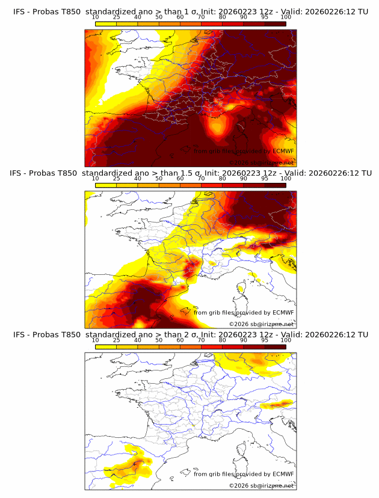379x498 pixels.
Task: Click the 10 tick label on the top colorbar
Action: coord(96,17)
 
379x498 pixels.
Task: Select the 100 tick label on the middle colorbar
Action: coord(286,179)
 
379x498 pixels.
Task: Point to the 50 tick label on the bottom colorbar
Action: coord(159,340)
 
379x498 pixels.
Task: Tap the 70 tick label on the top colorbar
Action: coord(201,17)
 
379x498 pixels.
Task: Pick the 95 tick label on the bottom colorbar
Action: coord(265,340)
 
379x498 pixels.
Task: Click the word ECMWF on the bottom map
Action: coord(283,474)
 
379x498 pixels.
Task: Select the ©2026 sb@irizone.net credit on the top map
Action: coord(261,162)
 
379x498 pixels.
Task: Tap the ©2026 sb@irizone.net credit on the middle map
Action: coord(261,324)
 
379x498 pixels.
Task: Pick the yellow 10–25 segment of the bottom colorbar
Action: coord(106,346)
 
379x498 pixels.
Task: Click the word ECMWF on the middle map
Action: coord(283,312)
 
